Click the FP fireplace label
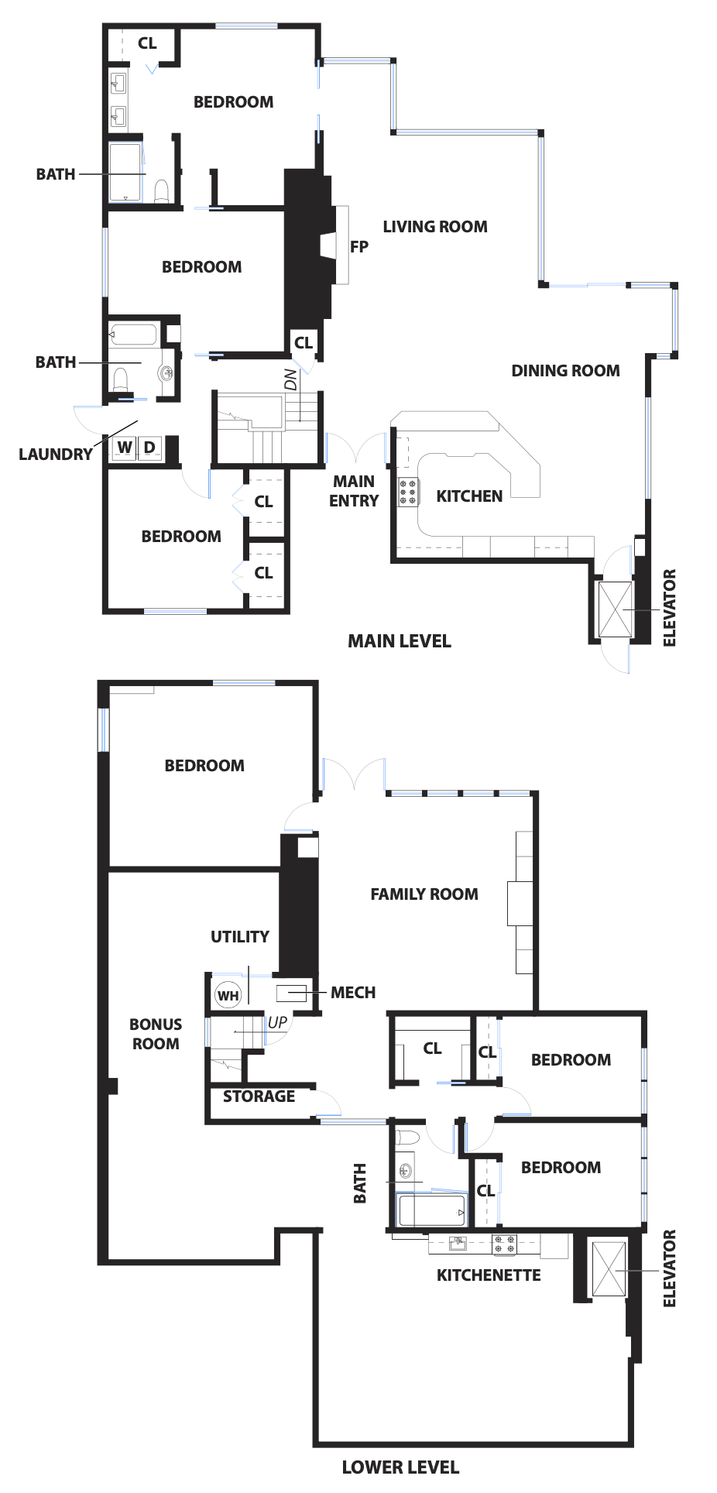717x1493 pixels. point(358,247)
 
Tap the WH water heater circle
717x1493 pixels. point(228,996)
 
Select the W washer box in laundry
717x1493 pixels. point(125,447)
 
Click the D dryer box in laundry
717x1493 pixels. point(149,447)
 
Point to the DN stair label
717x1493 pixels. point(290,379)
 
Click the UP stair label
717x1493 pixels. point(277,1022)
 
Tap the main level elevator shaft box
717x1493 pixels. point(616,609)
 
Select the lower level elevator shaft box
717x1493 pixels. point(609,1269)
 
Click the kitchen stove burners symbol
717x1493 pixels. point(408,492)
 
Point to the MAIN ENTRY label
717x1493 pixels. point(354,491)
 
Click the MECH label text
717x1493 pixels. point(353,993)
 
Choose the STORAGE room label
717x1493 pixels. point(259,1097)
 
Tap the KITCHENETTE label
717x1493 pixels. point(489,1275)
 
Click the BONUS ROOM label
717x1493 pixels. point(156,1034)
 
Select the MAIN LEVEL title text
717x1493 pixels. point(399,641)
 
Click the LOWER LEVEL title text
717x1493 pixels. point(400,1467)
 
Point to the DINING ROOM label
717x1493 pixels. point(565,371)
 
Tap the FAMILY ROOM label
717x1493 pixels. point(424,894)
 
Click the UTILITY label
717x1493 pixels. point(240,937)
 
